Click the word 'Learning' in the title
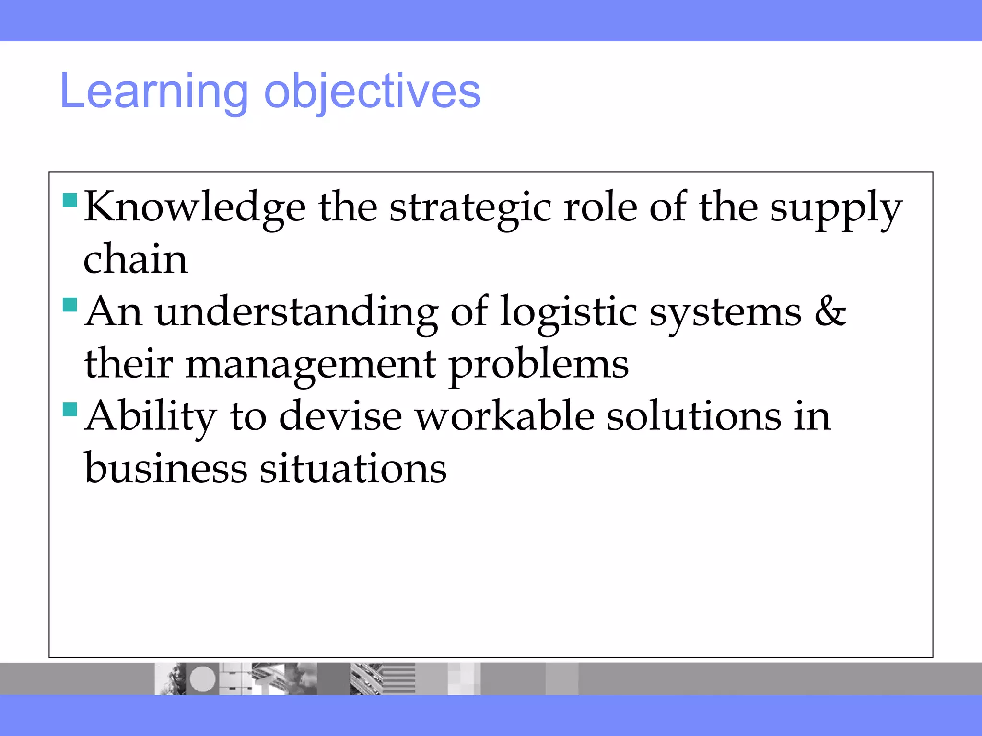tap(154, 92)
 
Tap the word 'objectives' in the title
tap(372, 92)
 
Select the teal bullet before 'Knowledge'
tap(70, 200)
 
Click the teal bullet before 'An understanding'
tap(70, 304)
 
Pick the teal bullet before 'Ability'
tap(70, 409)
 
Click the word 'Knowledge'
tap(195, 208)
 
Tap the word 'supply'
tap(836, 208)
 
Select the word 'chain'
tap(136, 259)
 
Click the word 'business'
tap(166, 468)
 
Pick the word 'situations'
tap(353, 468)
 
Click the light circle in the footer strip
tap(203, 679)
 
